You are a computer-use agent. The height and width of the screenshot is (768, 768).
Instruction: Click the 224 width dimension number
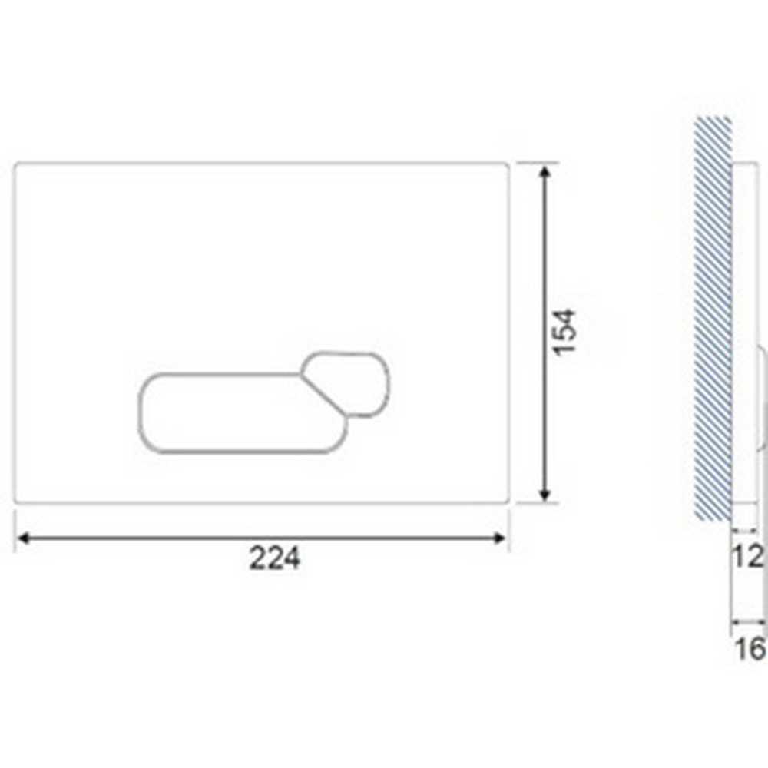point(274,558)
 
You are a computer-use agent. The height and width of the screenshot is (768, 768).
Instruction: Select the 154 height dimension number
point(564,332)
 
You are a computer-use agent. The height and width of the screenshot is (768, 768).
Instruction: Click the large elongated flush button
point(230,412)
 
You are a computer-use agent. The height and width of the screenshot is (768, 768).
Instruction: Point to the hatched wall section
point(712,319)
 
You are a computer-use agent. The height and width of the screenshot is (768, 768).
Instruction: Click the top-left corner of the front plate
point(17,164)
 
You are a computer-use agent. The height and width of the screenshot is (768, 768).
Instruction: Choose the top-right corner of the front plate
point(508,164)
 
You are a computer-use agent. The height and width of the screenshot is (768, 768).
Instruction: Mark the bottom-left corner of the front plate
point(17,502)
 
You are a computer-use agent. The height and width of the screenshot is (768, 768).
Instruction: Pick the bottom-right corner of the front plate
point(508,502)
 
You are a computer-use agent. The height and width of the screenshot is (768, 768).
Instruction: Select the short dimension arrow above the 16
point(747,622)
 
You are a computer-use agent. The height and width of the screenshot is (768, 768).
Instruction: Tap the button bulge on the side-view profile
point(762,399)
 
